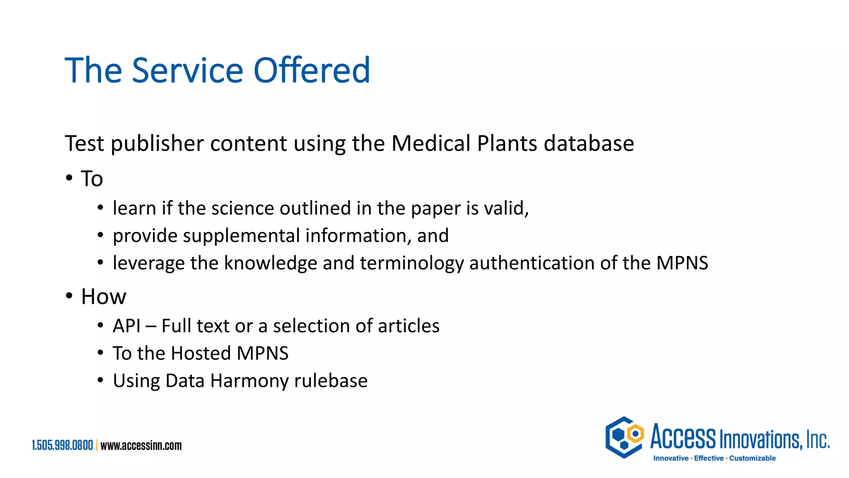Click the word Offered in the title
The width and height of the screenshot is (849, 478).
coord(312,70)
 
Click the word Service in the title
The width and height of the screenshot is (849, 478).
coord(187,70)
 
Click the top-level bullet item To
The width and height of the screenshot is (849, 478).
coord(92,179)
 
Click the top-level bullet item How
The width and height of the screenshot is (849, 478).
coord(104,297)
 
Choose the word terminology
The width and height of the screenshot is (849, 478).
coord(412,263)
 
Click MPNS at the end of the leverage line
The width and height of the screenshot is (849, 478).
coord(682,263)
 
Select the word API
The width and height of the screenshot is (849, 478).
coord(126,326)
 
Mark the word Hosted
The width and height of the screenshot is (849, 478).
coord(201,354)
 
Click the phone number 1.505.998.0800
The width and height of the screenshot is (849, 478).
coord(63,446)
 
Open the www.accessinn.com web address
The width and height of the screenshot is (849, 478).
coord(141,446)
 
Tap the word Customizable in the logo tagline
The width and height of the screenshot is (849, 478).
coord(752,458)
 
